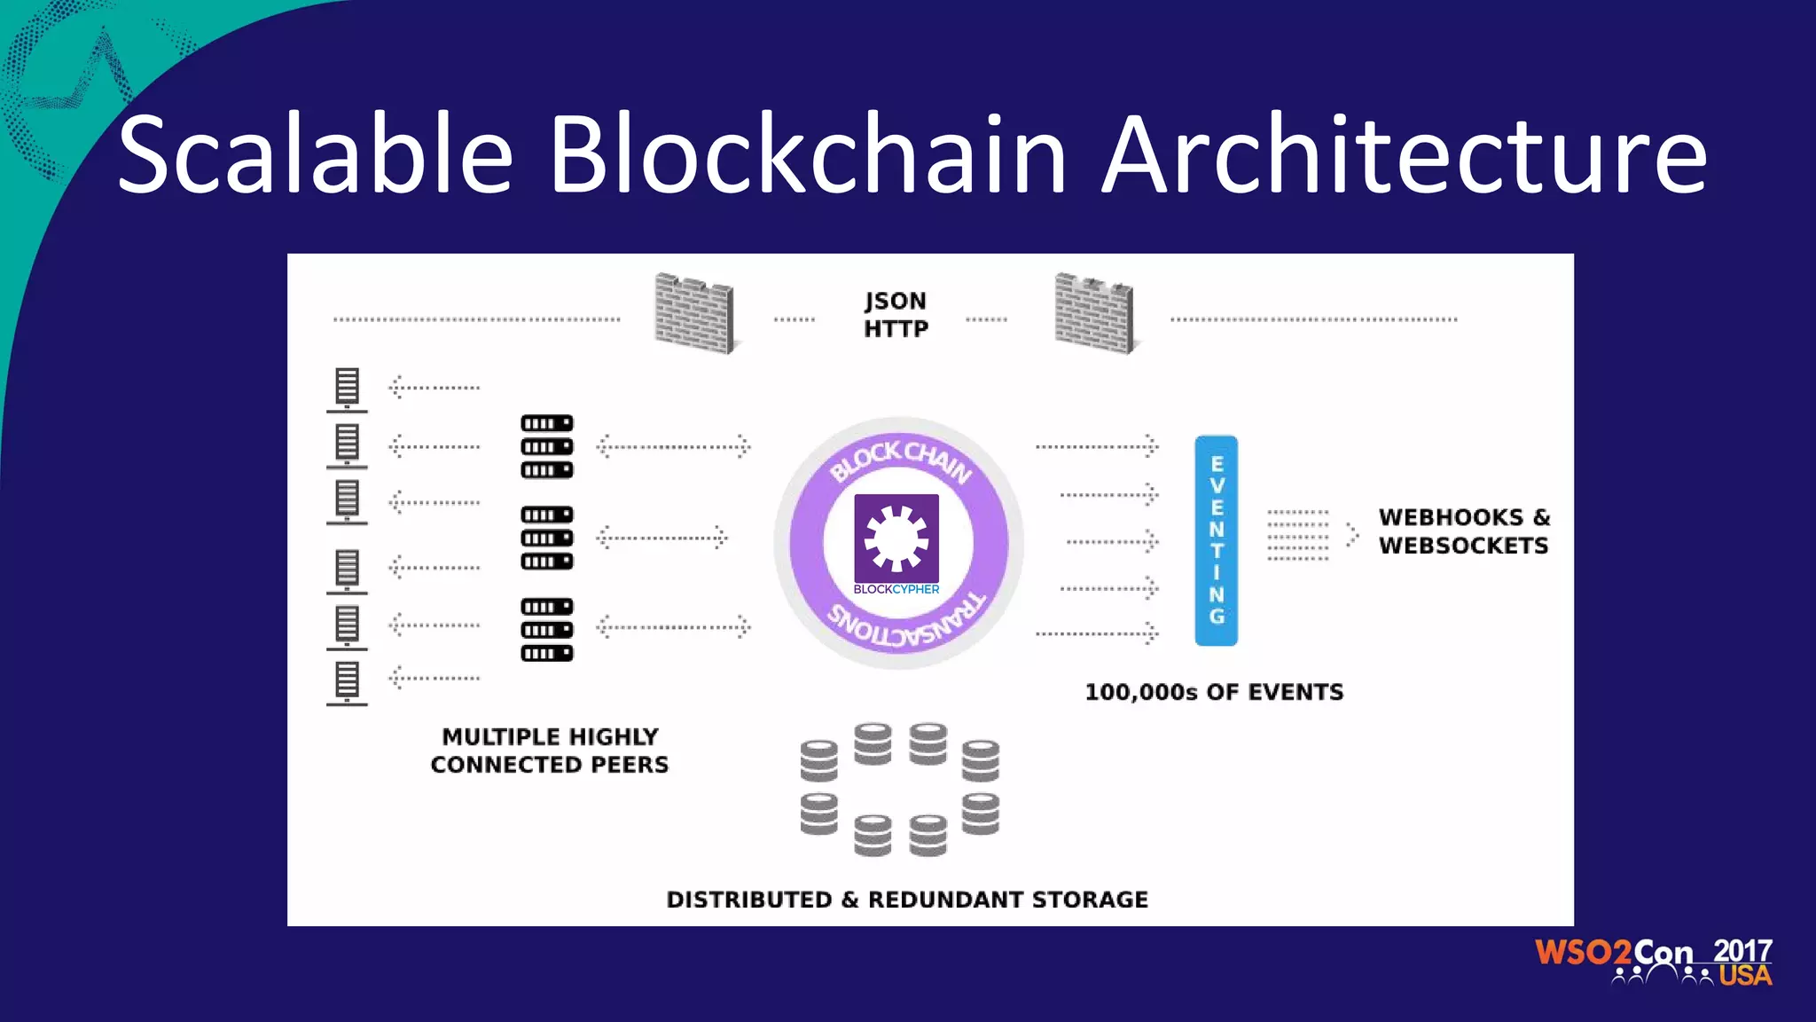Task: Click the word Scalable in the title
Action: pos(315,154)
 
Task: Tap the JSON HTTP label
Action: pos(896,315)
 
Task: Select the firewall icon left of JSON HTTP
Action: pos(694,313)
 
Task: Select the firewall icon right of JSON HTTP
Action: pos(1094,313)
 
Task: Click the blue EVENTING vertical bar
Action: pos(1216,540)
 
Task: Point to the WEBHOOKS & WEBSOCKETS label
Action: pos(1464,531)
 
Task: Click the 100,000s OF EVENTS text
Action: pos(1214,692)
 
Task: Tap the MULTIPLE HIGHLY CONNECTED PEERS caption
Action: pos(550,751)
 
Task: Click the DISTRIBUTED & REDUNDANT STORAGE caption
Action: pos(907,900)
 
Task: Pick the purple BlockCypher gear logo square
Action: pos(896,538)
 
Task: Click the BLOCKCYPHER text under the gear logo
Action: pos(896,590)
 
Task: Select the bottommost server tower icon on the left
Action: pos(347,682)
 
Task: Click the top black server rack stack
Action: pos(546,446)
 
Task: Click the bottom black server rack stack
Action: pos(546,630)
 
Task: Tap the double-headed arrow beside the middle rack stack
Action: pos(661,538)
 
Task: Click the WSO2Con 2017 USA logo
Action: pos(1654,962)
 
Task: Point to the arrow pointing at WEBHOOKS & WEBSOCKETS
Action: pos(1351,534)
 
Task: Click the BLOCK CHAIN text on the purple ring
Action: pos(900,460)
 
